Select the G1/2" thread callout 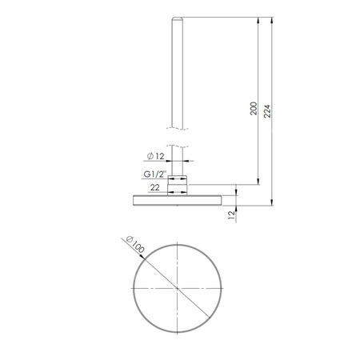154,174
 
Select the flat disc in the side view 176,198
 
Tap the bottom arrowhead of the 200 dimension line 258,182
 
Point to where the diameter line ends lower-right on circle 206,318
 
